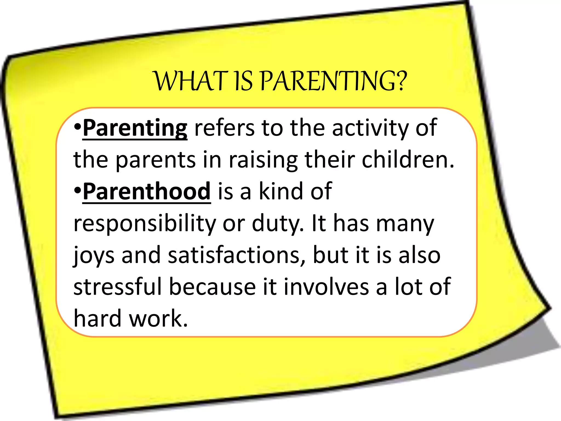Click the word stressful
[118, 287]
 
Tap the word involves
[326, 287]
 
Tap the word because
[212, 287]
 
